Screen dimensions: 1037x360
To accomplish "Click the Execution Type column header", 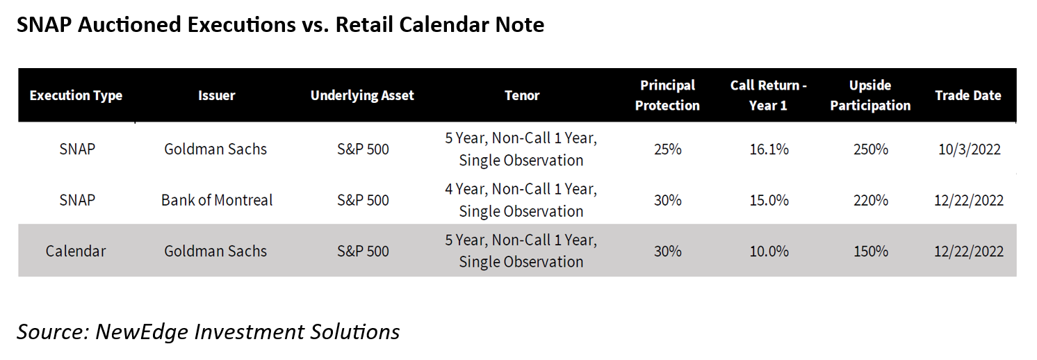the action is (76, 95).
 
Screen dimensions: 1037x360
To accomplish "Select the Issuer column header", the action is (217, 95).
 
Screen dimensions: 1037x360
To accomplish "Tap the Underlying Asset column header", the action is (362, 95).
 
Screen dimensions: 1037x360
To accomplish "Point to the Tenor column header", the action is (522, 95).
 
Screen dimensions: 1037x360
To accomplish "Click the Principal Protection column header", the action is (667, 95).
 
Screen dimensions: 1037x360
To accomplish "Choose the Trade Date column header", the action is (968, 95).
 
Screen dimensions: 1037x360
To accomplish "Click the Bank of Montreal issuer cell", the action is (217, 200).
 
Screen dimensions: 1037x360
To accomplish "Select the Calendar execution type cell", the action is (76, 251).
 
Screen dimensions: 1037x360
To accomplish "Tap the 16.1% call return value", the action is (769, 149).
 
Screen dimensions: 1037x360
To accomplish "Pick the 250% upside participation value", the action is (871, 149).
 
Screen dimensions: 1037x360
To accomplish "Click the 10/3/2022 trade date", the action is (969, 149).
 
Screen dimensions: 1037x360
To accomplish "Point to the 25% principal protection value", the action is (667, 149).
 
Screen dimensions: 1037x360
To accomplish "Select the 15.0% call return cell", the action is (769, 200).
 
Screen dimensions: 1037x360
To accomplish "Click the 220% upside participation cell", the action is (871, 200).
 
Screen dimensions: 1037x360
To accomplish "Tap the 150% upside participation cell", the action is (871, 251).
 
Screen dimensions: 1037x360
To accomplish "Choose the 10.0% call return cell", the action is (769, 251).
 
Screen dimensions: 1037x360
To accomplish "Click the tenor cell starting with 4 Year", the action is (521, 200).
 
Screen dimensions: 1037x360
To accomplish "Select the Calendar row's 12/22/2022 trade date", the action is (968, 251).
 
